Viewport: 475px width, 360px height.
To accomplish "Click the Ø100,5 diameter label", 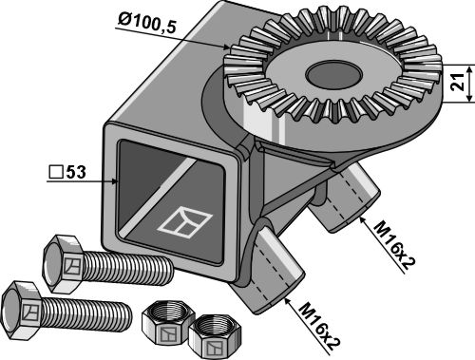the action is [146, 23].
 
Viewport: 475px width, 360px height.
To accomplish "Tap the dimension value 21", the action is [457, 82].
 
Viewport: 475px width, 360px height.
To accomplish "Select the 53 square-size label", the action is [76, 172].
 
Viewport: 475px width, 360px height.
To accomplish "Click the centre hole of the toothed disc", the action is [333, 74].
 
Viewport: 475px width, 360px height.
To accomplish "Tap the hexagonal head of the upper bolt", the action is [64, 264].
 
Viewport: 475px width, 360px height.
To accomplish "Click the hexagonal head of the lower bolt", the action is [22, 310].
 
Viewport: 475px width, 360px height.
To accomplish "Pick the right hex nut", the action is [215, 336].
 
